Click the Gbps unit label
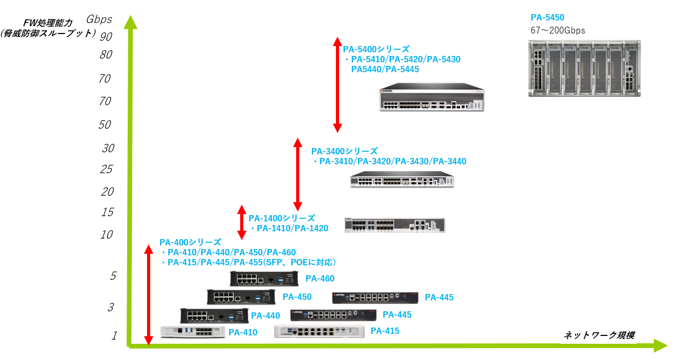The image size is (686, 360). click(x=99, y=20)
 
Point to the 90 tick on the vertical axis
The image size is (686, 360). click(x=106, y=36)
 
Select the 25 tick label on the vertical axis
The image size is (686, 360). click(x=106, y=170)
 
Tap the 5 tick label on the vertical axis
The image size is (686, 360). click(x=113, y=276)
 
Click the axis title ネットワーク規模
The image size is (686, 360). click(x=599, y=335)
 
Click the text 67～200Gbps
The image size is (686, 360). click(x=558, y=31)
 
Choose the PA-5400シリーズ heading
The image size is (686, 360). click(x=376, y=49)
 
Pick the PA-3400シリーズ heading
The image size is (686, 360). click(x=344, y=151)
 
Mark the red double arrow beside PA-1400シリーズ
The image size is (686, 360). click(x=241, y=222)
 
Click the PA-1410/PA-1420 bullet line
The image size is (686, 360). click(x=289, y=228)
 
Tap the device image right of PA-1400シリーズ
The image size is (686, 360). click(x=395, y=225)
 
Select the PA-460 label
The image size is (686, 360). click(x=320, y=279)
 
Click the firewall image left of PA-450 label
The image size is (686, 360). click(x=241, y=297)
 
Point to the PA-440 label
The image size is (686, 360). click(x=265, y=316)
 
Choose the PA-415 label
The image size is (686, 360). click(x=385, y=331)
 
